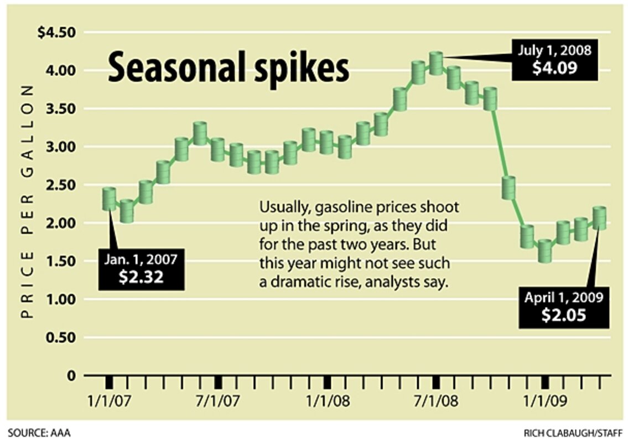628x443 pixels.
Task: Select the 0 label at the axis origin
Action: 70,376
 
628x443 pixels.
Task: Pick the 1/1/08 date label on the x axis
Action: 327,400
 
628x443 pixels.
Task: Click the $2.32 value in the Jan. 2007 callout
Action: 141,276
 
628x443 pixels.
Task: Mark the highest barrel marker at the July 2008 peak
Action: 437,63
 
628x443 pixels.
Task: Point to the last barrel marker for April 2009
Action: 600,218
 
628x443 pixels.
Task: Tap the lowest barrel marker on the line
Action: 545,251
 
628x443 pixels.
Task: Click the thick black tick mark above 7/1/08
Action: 436,382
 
